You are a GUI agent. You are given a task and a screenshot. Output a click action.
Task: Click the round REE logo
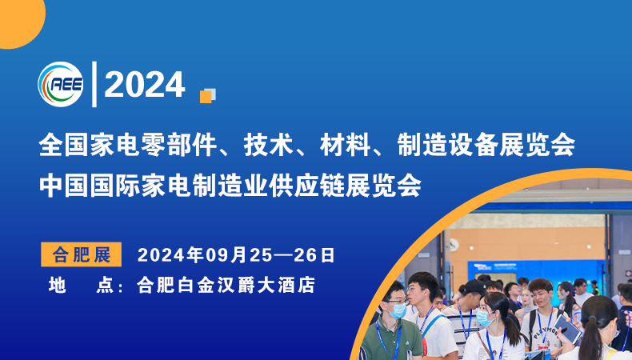(x=60, y=84)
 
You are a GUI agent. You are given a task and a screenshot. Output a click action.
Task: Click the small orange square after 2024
(x=206, y=95)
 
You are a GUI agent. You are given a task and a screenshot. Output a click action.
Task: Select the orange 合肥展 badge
(x=81, y=254)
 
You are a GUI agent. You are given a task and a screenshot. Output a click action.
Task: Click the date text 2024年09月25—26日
(x=236, y=255)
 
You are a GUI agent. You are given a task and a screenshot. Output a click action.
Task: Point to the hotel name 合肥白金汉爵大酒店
(x=226, y=285)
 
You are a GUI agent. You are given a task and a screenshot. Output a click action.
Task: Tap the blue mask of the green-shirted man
(x=398, y=310)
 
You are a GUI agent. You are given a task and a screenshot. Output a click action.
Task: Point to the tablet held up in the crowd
(x=567, y=328)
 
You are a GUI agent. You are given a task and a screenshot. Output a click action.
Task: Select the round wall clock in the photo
(x=453, y=245)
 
